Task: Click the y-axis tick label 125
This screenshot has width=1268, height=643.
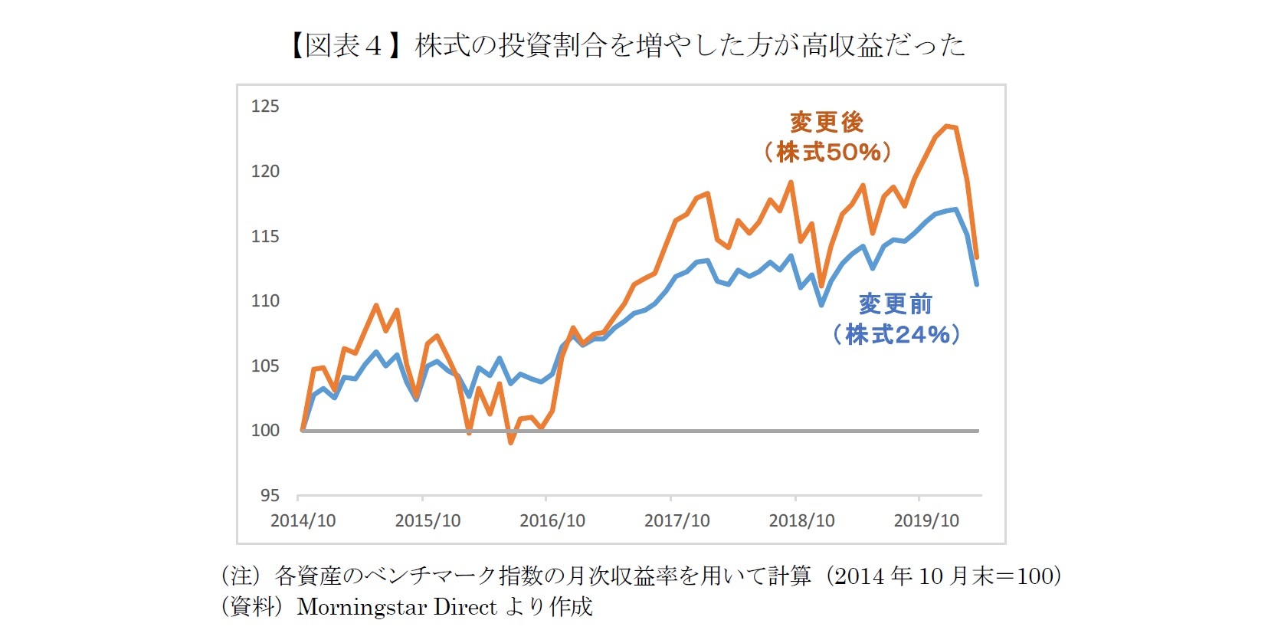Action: coord(265,106)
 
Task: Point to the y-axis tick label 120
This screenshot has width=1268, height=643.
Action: coord(265,171)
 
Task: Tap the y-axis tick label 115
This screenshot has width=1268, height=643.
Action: coord(265,236)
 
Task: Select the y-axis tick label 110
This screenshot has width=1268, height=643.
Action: coord(265,300)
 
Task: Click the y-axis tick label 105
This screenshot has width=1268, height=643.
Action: coord(265,366)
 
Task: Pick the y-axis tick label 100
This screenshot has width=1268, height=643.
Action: coord(265,430)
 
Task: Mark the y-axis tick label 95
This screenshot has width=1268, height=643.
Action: coord(270,495)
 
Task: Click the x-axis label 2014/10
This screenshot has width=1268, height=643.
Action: coord(303,520)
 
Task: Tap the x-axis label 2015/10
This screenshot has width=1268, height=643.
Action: coord(428,520)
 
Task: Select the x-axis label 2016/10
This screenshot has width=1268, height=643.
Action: coord(552,520)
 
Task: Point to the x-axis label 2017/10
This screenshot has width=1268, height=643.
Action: coord(677,520)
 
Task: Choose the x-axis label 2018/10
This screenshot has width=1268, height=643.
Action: coord(801,520)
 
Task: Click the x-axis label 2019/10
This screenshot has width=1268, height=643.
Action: coord(926,520)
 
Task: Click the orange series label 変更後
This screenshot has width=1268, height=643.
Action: coord(827,122)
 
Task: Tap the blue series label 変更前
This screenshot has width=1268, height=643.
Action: coord(895,303)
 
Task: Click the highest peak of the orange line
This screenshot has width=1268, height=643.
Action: coord(947,126)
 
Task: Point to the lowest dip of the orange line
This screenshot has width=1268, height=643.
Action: coord(511,442)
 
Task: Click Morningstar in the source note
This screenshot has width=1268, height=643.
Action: coord(364,607)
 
